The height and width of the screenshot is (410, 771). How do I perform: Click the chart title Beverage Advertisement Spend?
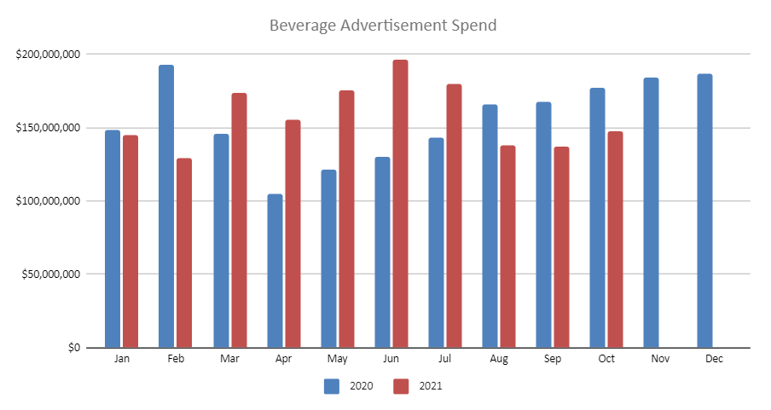coord(383,26)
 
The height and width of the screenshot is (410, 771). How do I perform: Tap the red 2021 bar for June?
coord(400,204)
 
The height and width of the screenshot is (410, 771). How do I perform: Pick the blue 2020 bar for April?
coord(275,271)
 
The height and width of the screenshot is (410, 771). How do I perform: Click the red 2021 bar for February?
coord(184,253)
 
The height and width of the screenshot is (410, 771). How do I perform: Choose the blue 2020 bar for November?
coord(651,212)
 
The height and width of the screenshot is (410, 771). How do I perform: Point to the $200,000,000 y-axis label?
coord(49,55)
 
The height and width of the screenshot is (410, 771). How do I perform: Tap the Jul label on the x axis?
coord(445,360)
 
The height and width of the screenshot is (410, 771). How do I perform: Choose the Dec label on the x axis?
coord(715,360)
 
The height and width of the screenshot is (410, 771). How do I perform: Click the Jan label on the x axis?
coord(122,360)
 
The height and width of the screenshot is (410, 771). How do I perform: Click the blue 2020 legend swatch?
coord(332,386)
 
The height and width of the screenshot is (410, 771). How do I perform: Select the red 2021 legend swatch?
coord(401,386)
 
